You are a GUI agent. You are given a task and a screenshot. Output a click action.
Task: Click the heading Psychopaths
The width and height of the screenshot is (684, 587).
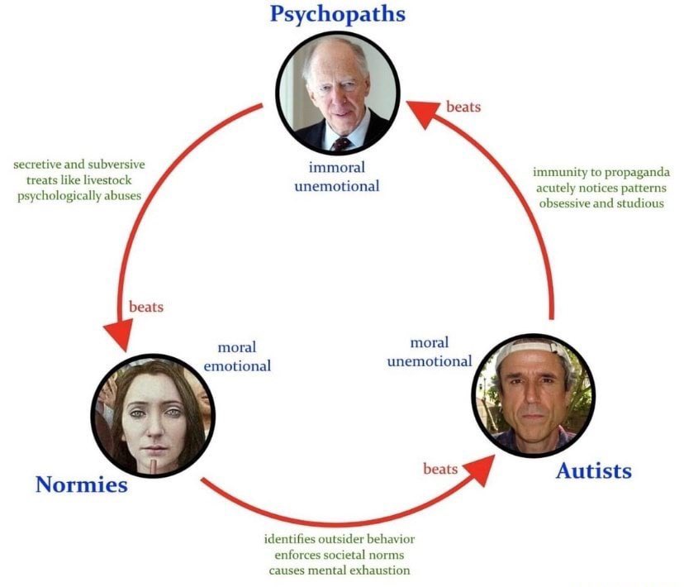tap(338, 16)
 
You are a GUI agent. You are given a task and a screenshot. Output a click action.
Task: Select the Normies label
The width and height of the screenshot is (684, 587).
tap(81, 484)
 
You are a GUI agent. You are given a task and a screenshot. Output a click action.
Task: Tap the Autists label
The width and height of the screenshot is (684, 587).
tap(593, 470)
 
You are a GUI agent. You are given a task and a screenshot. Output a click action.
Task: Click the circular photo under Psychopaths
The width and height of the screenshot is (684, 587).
tap(337, 98)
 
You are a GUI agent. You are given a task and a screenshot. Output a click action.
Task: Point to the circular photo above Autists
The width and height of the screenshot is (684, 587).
tap(533, 395)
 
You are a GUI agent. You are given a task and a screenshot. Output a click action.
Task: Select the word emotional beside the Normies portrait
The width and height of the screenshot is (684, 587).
tap(237, 365)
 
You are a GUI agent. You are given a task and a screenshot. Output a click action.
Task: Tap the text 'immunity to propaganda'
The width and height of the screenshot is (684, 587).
tap(601, 173)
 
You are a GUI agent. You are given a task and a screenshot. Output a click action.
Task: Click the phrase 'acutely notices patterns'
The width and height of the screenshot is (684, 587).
tap(601, 188)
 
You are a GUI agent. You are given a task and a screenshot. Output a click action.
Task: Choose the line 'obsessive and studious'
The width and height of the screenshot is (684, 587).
tap(601, 203)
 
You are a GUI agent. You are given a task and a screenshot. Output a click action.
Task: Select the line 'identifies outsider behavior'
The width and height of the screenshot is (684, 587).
tap(340, 539)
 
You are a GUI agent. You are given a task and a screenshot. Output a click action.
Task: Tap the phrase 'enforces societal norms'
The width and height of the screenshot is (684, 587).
tap(340, 555)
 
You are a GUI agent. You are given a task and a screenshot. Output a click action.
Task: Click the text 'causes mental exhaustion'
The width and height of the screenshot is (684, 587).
tap(340, 570)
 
